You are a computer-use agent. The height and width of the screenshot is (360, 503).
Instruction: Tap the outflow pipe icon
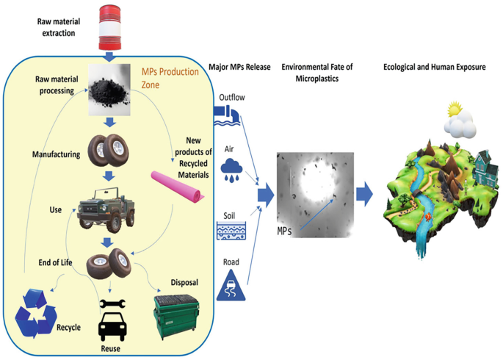(225, 112)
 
